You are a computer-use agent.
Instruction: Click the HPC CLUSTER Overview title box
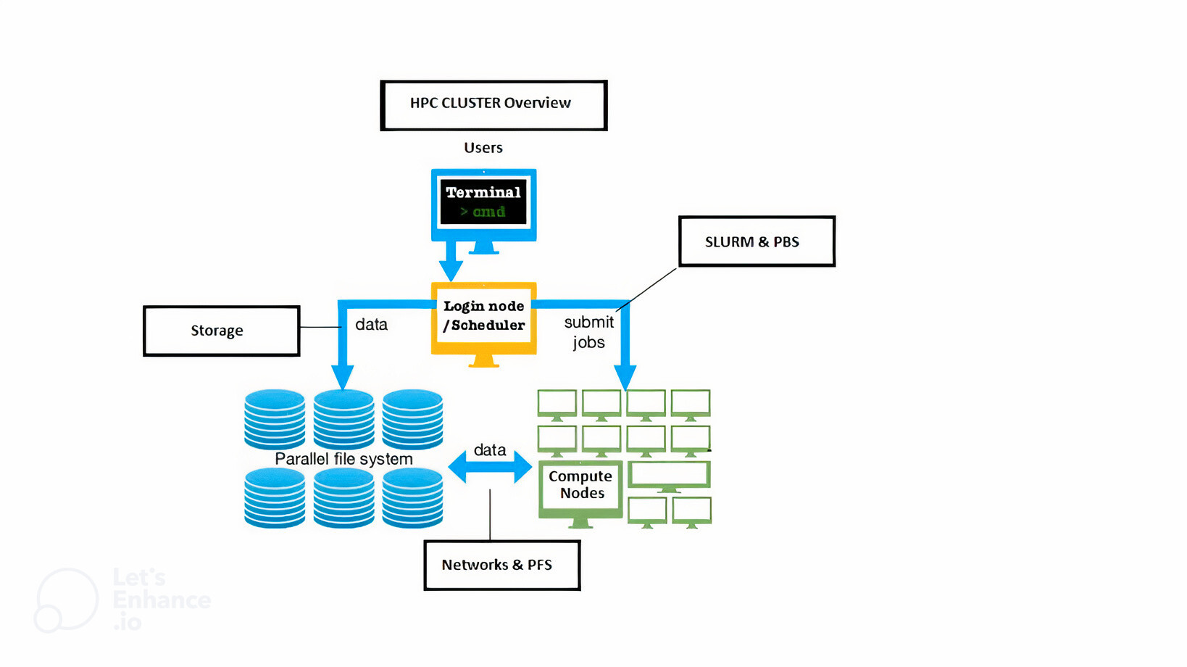(493, 105)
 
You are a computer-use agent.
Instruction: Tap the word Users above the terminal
(483, 148)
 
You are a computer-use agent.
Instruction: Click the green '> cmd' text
(483, 212)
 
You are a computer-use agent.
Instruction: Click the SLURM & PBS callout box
(757, 241)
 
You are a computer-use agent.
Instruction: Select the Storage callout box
(221, 331)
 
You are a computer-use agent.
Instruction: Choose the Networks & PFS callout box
(501, 565)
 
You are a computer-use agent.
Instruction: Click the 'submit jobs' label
(588, 332)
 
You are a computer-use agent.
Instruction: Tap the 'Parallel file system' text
(343, 459)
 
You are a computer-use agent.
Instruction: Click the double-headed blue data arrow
(490, 467)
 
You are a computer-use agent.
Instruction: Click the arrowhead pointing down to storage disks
(343, 377)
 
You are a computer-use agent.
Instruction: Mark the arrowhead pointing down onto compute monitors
(625, 377)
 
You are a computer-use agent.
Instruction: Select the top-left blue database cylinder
(275, 419)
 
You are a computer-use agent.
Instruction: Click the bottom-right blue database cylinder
(412, 497)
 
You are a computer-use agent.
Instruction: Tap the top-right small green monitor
(691, 404)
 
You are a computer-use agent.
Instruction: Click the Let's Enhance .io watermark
(123, 600)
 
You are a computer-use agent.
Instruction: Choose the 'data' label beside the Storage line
(371, 325)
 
